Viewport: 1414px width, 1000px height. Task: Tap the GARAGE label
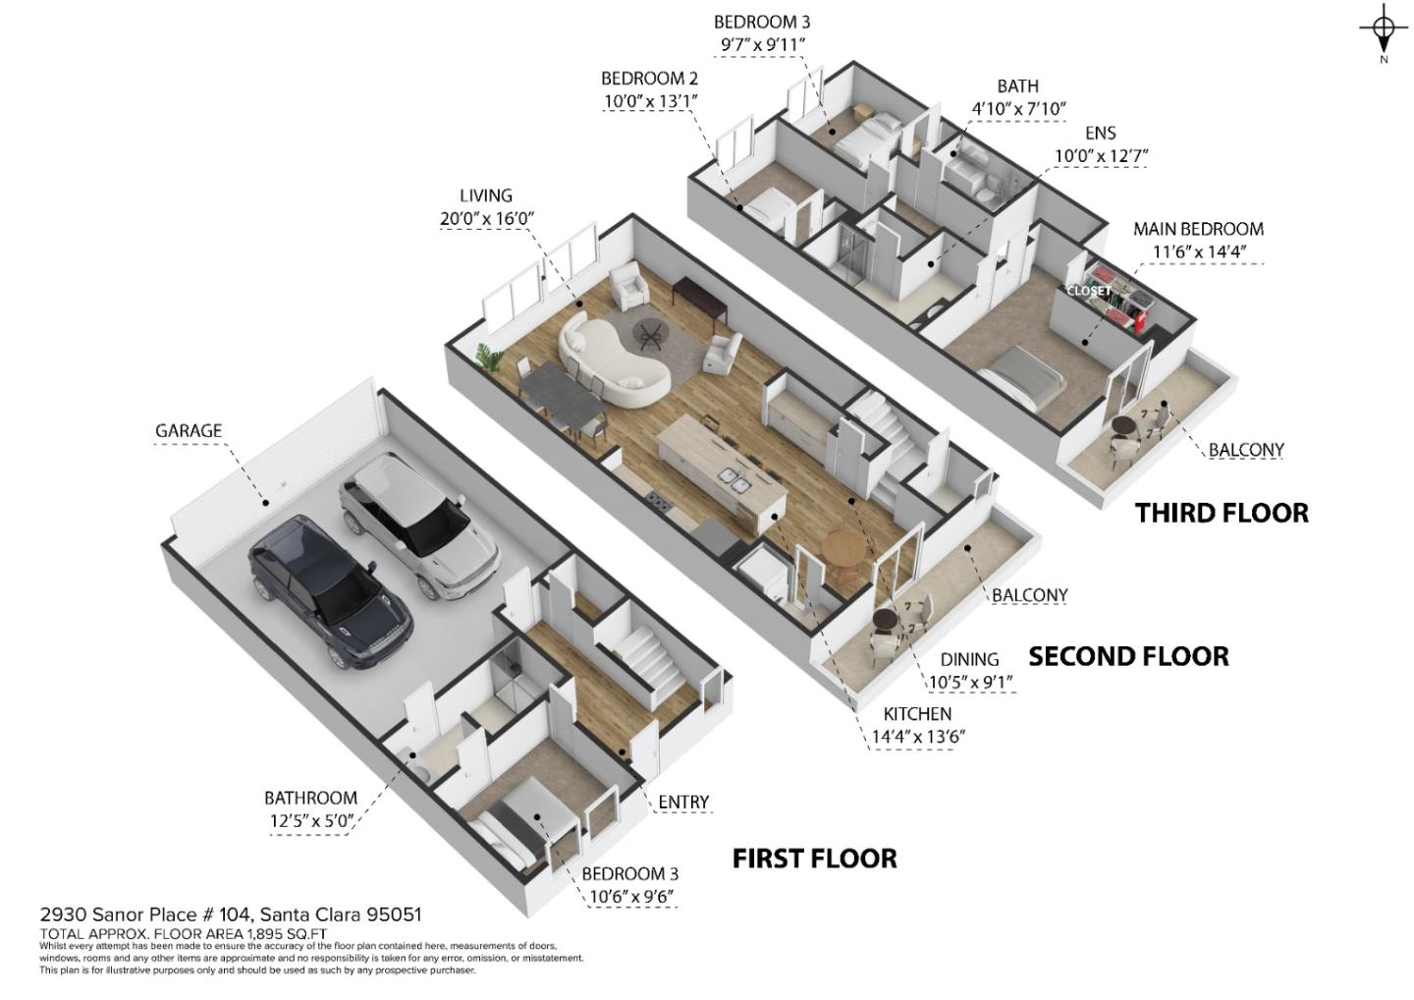pyautogui.click(x=189, y=430)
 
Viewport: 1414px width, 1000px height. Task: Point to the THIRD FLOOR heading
pyautogui.click(x=1222, y=513)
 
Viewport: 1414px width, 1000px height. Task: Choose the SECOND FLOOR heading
pyautogui.click(x=1128, y=656)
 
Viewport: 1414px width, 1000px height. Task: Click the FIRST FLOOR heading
pyautogui.click(x=814, y=859)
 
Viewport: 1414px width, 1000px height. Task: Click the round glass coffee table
pyautogui.click(x=650, y=333)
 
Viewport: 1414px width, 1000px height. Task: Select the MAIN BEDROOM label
pyautogui.click(x=1198, y=229)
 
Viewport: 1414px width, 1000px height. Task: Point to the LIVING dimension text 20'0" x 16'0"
pyautogui.click(x=487, y=219)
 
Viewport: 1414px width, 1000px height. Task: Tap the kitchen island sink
pyautogui.click(x=734, y=478)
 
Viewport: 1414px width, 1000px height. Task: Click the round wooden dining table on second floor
pyautogui.click(x=843, y=547)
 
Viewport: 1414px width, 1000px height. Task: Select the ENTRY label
pyautogui.click(x=683, y=802)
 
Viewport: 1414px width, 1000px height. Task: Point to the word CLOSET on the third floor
pyautogui.click(x=1088, y=291)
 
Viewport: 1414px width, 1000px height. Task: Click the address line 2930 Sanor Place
pyautogui.click(x=231, y=915)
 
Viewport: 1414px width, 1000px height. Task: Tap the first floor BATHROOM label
pyautogui.click(x=310, y=798)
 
